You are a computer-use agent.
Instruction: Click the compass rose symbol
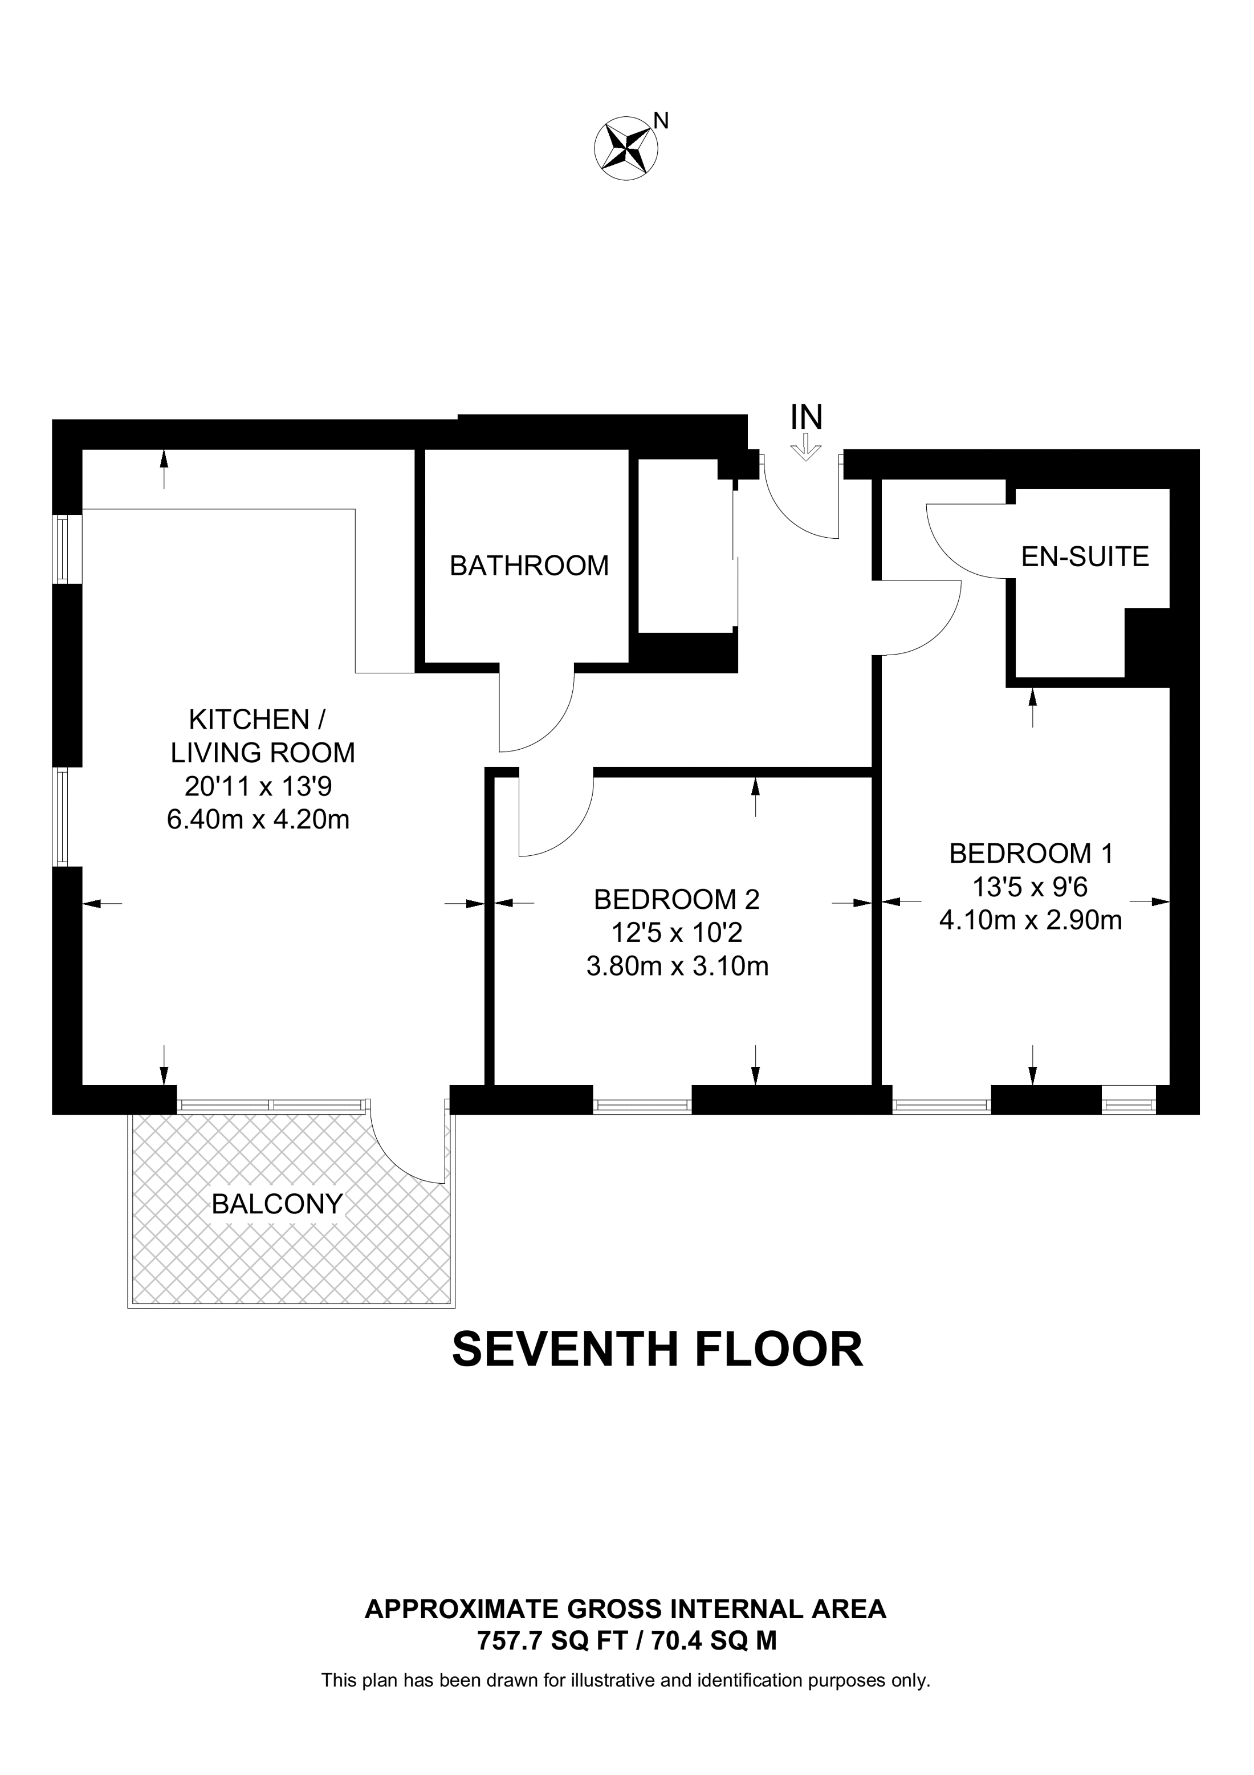(625, 148)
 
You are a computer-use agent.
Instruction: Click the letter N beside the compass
(661, 121)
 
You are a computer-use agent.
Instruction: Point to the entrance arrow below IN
(806, 448)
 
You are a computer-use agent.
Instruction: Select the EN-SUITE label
(1085, 557)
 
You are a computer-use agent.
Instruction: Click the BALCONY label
(276, 1204)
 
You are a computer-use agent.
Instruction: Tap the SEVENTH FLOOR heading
(657, 1350)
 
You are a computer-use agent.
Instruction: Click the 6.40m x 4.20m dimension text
(258, 819)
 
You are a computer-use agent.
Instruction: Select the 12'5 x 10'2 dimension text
(677, 933)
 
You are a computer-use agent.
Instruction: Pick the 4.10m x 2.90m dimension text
(1030, 920)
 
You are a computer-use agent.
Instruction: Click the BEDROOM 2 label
(677, 899)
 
